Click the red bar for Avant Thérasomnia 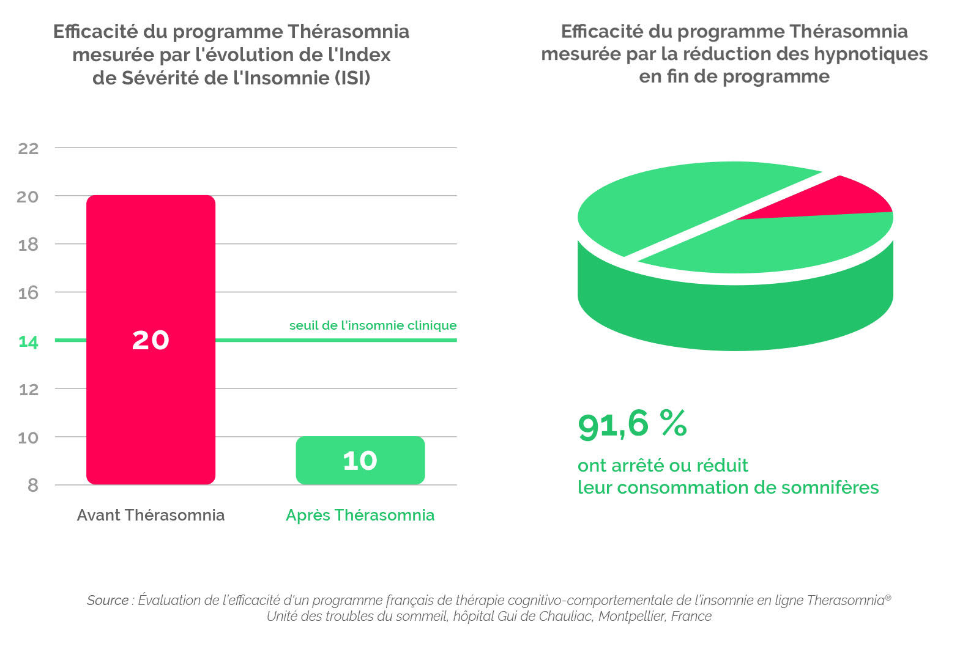point(151,340)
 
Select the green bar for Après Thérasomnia point(360,461)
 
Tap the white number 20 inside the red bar point(151,340)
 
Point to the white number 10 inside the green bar point(360,461)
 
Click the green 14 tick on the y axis point(28,342)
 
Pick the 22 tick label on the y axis point(28,149)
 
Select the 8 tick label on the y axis point(33,485)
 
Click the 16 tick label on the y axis point(28,293)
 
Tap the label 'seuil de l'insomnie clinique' point(373,325)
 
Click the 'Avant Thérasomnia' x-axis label point(151,516)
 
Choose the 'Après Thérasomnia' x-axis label point(360,516)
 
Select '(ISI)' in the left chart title point(352,78)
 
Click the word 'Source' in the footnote point(108,600)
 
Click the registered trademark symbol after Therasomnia point(888,596)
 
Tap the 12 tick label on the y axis point(28,390)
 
